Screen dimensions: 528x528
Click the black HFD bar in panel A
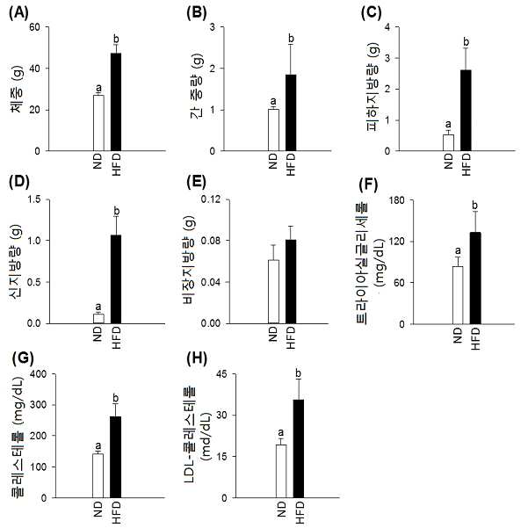[116, 102]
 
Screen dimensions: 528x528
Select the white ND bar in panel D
[98, 319]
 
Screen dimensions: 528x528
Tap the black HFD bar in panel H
[299, 449]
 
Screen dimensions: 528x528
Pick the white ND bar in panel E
[274, 292]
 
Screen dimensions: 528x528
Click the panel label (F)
[369, 184]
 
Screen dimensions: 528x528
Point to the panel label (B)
[196, 12]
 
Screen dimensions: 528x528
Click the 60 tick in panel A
[34, 27]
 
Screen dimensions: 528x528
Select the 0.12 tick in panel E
[211, 199]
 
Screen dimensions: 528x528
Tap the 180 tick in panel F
[397, 200]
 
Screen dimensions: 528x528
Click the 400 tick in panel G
[39, 373]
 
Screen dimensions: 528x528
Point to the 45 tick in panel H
[222, 374]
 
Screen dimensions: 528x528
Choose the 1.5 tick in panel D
[33, 199]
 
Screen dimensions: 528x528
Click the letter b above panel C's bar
[467, 42]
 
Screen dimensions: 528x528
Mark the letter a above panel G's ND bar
[98, 446]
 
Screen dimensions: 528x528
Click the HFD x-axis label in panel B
[291, 164]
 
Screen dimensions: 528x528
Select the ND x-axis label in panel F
[458, 335]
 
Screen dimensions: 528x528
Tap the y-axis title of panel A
[18, 90]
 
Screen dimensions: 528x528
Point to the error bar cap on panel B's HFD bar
[291, 45]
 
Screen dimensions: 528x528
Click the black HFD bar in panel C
[466, 111]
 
